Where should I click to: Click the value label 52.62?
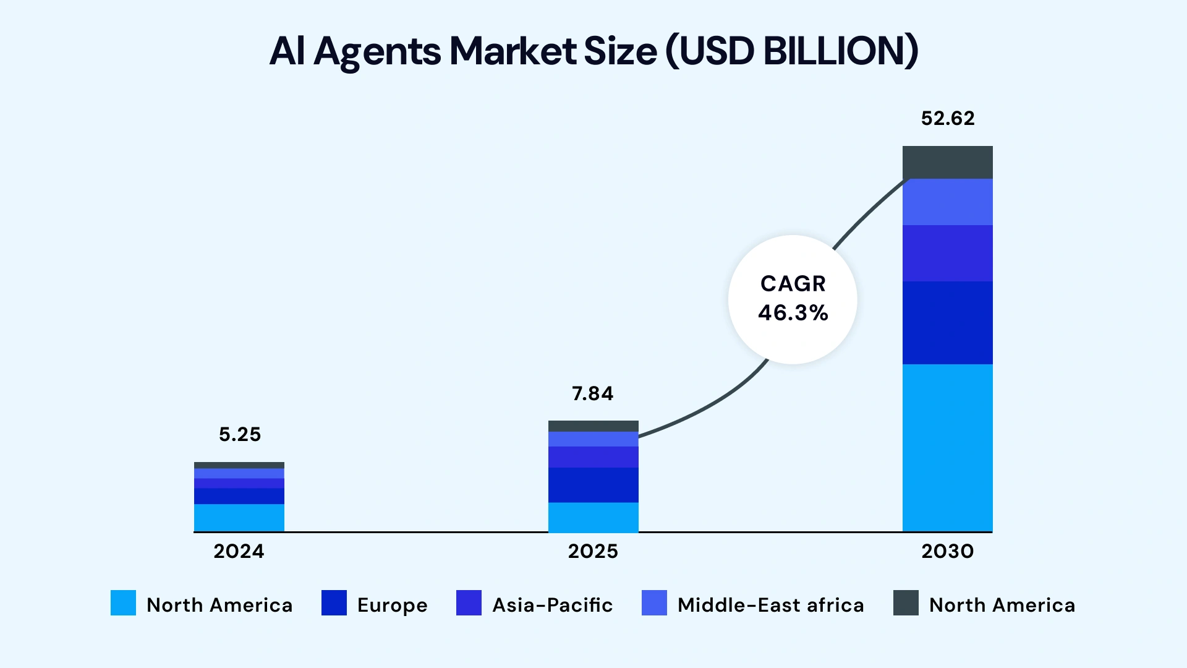point(947,118)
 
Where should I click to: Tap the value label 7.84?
point(592,393)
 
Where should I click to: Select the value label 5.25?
point(240,434)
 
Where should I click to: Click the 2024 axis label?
point(239,551)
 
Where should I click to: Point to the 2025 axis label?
point(592,551)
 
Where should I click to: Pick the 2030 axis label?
point(947,551)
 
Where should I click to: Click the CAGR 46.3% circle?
point(793,299)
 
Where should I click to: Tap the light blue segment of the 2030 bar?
point(947,448)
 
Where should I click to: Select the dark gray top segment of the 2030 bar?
point(947,162)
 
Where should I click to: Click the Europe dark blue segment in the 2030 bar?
point(947,322)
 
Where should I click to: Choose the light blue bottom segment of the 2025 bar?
point(593,517)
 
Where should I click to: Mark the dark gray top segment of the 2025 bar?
point(593,426)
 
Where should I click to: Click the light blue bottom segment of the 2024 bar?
point(239,518)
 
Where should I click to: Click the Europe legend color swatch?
point(334,603)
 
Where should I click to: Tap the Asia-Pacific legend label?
point(552,605)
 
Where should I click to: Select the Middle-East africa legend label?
point(770,605)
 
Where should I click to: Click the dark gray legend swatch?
point(906,603)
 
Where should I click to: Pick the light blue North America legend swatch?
point(123,603)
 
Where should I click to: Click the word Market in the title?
point(513,51)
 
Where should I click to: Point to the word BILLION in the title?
point(840,51)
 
